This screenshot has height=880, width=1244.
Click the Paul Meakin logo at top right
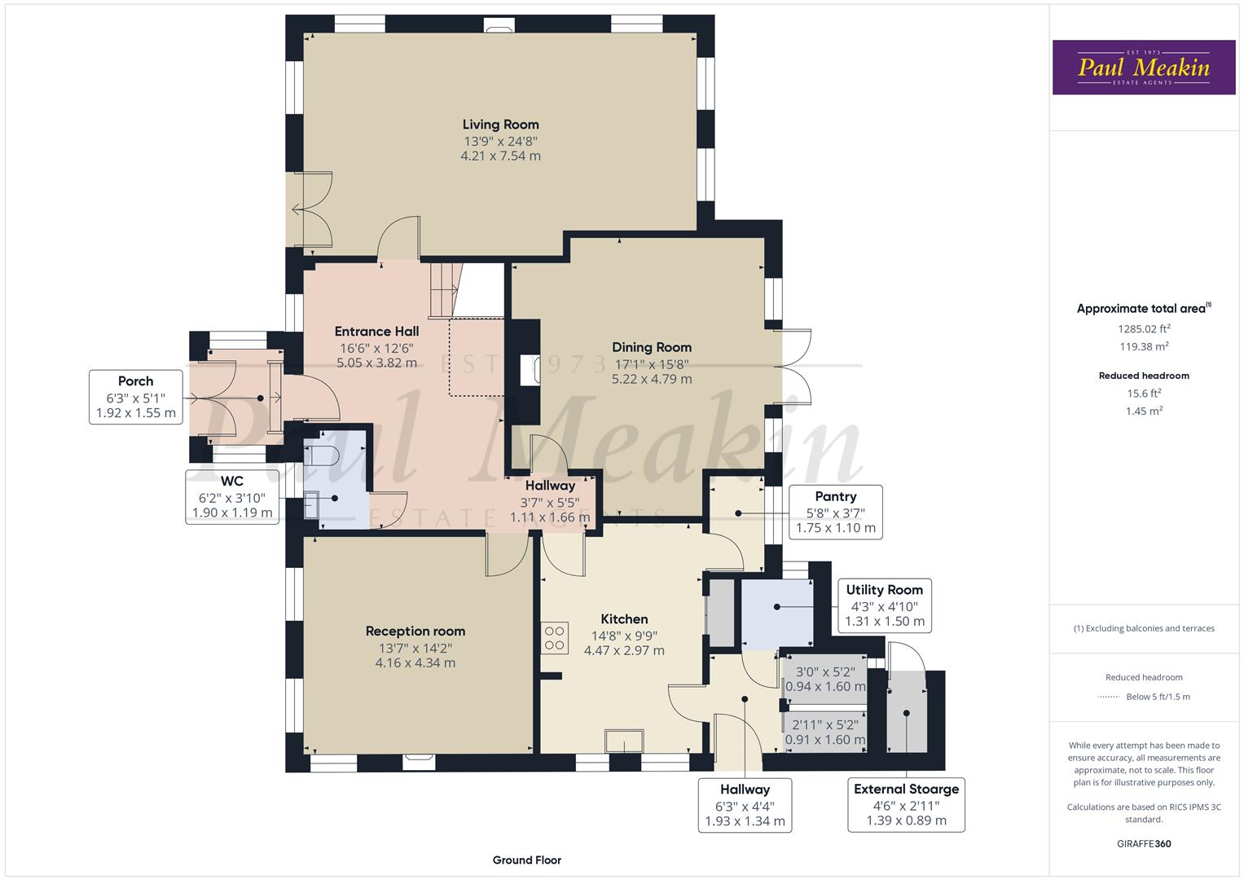(x=1143, y=68)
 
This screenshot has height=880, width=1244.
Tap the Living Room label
(x=500, y=125)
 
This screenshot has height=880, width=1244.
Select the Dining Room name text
(x=652, y=347)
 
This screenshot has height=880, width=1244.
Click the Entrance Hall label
(x=376, y=332)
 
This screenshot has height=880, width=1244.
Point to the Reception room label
(x=415, y=631)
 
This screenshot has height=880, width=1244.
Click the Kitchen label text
(x=624, y=619)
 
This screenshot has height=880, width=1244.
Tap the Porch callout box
(x=135, y=397)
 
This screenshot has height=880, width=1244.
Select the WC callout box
(x=232, y=497)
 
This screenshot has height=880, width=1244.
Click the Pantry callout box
(x=835, y=513)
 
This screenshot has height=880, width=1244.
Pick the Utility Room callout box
(x=884, y=605)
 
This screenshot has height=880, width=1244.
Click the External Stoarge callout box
(x=906, y=804)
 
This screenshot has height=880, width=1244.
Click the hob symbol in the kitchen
(x=555, y=638)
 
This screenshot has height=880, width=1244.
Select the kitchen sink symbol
(x=624, y=741)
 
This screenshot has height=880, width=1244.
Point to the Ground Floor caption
(x=526, y=860)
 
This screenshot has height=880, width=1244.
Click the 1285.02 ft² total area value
(x=1144, y=329)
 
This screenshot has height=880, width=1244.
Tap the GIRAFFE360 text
(x=1144, y=843)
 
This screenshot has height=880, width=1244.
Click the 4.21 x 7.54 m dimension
(x=500, y=156)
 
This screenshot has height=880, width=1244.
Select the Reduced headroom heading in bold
(x=1144, y=376)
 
